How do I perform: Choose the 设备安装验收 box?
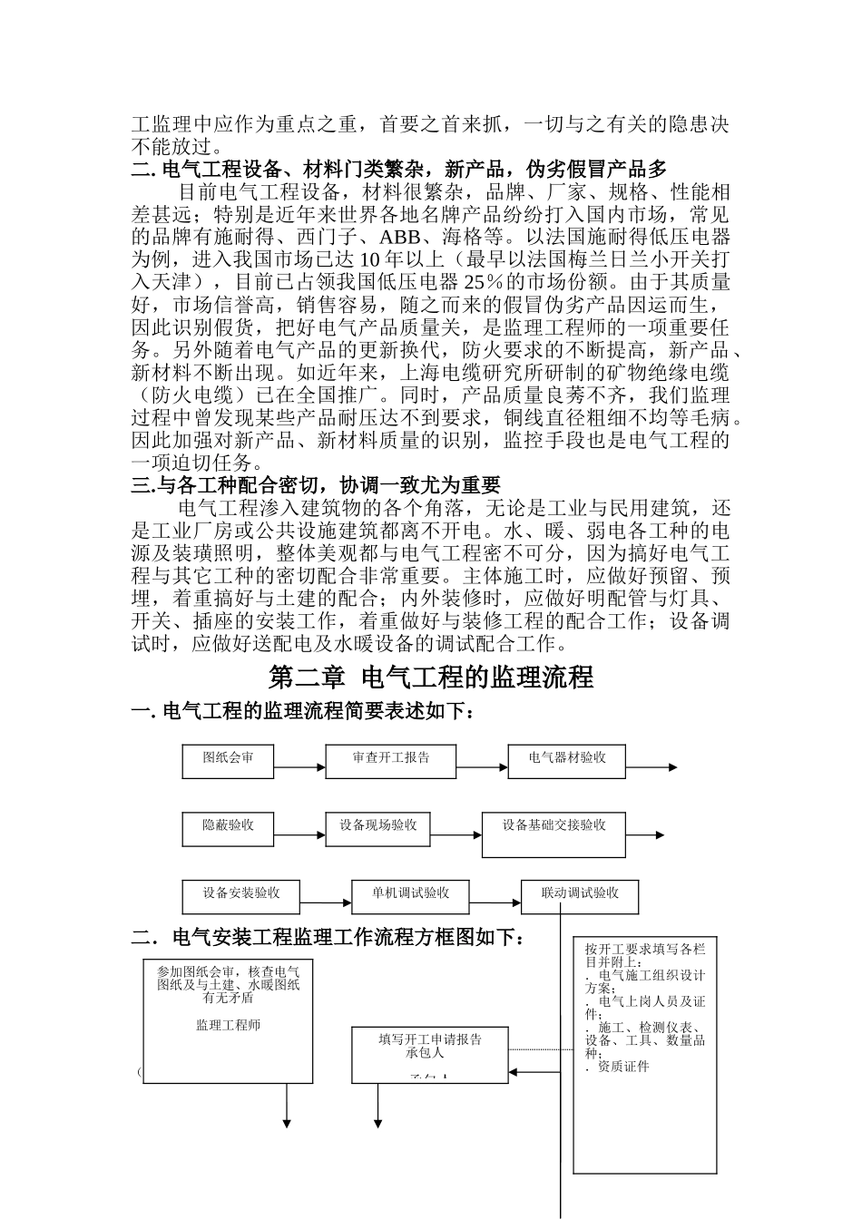click(240, 896)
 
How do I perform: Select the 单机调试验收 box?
click(410, 896)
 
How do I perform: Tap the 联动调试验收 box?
click(579, 896)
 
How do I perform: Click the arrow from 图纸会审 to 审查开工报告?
click(299, 767)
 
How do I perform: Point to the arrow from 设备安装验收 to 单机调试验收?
click(325, 902)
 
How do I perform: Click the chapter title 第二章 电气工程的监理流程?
click(431, 677)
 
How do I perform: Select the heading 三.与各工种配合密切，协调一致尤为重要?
click(316, 485)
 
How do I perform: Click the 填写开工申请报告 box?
click(429, 1054)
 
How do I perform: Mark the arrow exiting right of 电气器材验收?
click(651, 767)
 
